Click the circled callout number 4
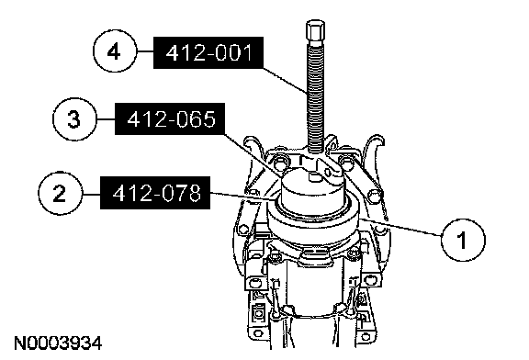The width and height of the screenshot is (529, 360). (115, 51)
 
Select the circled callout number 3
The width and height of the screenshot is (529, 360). (74, 118)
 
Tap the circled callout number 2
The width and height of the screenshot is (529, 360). (60, 194)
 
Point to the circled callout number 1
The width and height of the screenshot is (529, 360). (463, 240)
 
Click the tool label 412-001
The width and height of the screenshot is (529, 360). (208, 52)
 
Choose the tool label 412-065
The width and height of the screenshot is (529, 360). (170, 118)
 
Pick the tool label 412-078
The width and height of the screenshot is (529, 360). (155, 193)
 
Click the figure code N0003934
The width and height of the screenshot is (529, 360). (58, 343)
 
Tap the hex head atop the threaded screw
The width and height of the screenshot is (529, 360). (315, 31)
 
